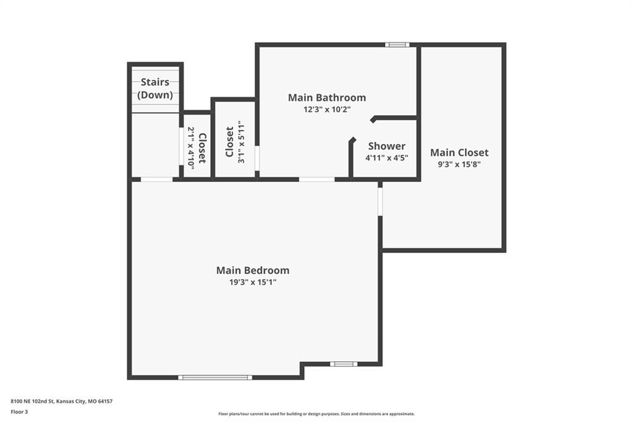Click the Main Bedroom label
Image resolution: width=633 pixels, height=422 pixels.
(253, 270)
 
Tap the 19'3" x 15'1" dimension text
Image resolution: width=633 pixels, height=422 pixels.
(253, 282)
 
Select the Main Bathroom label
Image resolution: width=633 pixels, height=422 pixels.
(327, 97)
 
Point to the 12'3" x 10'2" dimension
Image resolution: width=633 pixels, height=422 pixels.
(327, 109)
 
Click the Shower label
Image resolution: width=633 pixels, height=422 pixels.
(387, 146)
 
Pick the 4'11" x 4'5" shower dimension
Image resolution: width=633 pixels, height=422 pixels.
(387, 158)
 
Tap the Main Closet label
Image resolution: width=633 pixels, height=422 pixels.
(459, 152)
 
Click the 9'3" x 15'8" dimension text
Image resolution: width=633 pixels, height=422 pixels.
(459, 164)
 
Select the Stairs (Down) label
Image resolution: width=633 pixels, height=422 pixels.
(155, 88)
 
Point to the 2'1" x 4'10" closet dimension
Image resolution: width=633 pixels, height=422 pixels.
(190, 148)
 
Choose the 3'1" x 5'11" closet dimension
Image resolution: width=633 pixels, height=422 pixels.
(242, 142)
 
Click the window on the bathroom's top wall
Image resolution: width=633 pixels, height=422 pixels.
(397, 45)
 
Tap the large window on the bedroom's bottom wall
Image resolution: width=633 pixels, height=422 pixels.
(215, 377)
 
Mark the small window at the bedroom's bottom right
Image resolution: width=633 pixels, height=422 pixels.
(344, 364)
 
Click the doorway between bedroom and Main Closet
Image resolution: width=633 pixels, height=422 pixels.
(380, 202)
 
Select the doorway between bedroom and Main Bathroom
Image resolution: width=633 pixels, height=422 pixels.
(317, 179)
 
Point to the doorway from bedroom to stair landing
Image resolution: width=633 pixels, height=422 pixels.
(156, 179)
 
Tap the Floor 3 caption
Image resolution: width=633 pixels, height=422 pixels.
(19, 412)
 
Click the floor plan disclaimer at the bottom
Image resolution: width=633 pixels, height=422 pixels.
(316, 414)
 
